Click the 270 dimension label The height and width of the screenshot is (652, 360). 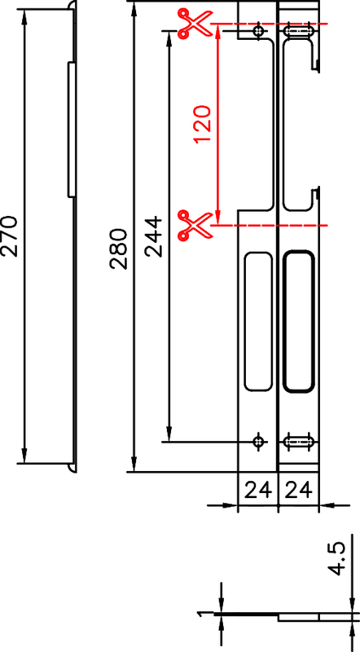9,236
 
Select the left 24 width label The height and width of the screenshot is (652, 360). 257,491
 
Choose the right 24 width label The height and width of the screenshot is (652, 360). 297,491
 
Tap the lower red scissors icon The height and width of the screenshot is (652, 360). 194,224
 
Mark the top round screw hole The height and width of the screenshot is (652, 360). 259,32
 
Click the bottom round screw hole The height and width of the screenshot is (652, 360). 259,442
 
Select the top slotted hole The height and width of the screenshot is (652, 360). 297,32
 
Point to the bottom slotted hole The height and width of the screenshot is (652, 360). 297,442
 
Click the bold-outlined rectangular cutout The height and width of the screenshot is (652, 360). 298,322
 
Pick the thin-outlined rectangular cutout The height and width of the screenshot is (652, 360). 258,319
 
